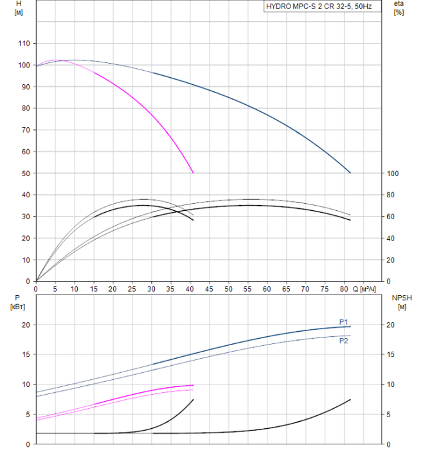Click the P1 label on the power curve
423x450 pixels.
click(343, 321)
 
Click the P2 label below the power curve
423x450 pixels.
click(343, 341)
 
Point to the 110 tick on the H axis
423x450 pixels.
click(24, 43)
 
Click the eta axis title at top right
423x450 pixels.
click(399, 4)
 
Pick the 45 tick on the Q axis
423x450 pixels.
click(210, 289)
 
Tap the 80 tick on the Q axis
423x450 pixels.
click(344, 289)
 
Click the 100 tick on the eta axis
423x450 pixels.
click(393, 174)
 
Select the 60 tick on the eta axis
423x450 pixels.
click(391, 217)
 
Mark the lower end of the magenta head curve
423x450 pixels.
click(193, 172)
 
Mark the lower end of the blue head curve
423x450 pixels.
click(350, 172)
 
